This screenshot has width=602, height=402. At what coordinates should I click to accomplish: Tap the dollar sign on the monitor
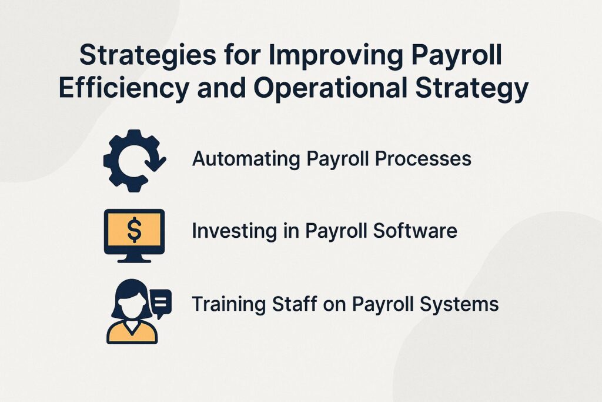tap(134, 230)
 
